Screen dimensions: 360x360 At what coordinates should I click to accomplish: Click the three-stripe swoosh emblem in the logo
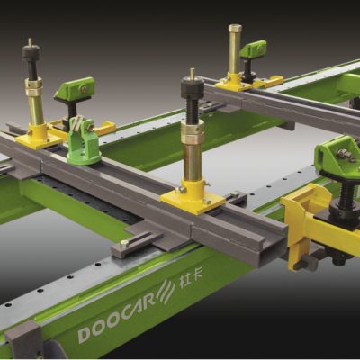point(166,291)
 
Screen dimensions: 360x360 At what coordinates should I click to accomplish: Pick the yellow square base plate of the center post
point(193,200)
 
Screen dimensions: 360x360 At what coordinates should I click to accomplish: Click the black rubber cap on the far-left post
point(31,53)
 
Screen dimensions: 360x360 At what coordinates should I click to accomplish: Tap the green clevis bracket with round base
point(84,141)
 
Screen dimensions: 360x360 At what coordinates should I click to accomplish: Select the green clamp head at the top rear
point(254,49)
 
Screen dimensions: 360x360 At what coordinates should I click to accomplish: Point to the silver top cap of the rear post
point(235,29)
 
